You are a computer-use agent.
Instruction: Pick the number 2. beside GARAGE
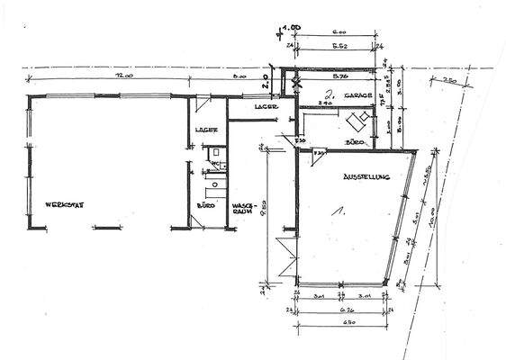point(330,94)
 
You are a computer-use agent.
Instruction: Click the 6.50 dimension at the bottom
point(342,321)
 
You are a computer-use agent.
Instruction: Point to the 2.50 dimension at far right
point(451,82)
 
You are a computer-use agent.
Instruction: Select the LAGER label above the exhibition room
point(265,107)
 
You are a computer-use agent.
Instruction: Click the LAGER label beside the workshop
point(207,131)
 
